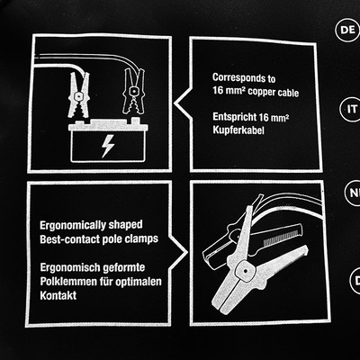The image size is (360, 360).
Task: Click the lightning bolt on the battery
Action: [x=107, y=146]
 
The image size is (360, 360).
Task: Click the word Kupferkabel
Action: [x=235, y=130]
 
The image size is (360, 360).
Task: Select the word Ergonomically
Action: [x=73, y=225]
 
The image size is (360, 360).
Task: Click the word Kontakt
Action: [x=58, y=295]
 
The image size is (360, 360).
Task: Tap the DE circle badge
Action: [x=348, y=30]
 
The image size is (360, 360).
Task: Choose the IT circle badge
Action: [x=352, y=109]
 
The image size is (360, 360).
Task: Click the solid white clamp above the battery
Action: [x=77, y=94]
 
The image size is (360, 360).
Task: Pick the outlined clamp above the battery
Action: [x=133, y=91]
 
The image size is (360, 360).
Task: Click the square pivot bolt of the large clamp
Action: [x=245, y=271]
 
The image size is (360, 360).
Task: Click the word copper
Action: [x=261, y=92]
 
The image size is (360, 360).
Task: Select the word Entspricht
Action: [x=234, y=116]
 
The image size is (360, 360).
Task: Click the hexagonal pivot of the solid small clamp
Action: [x=77, y=96]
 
